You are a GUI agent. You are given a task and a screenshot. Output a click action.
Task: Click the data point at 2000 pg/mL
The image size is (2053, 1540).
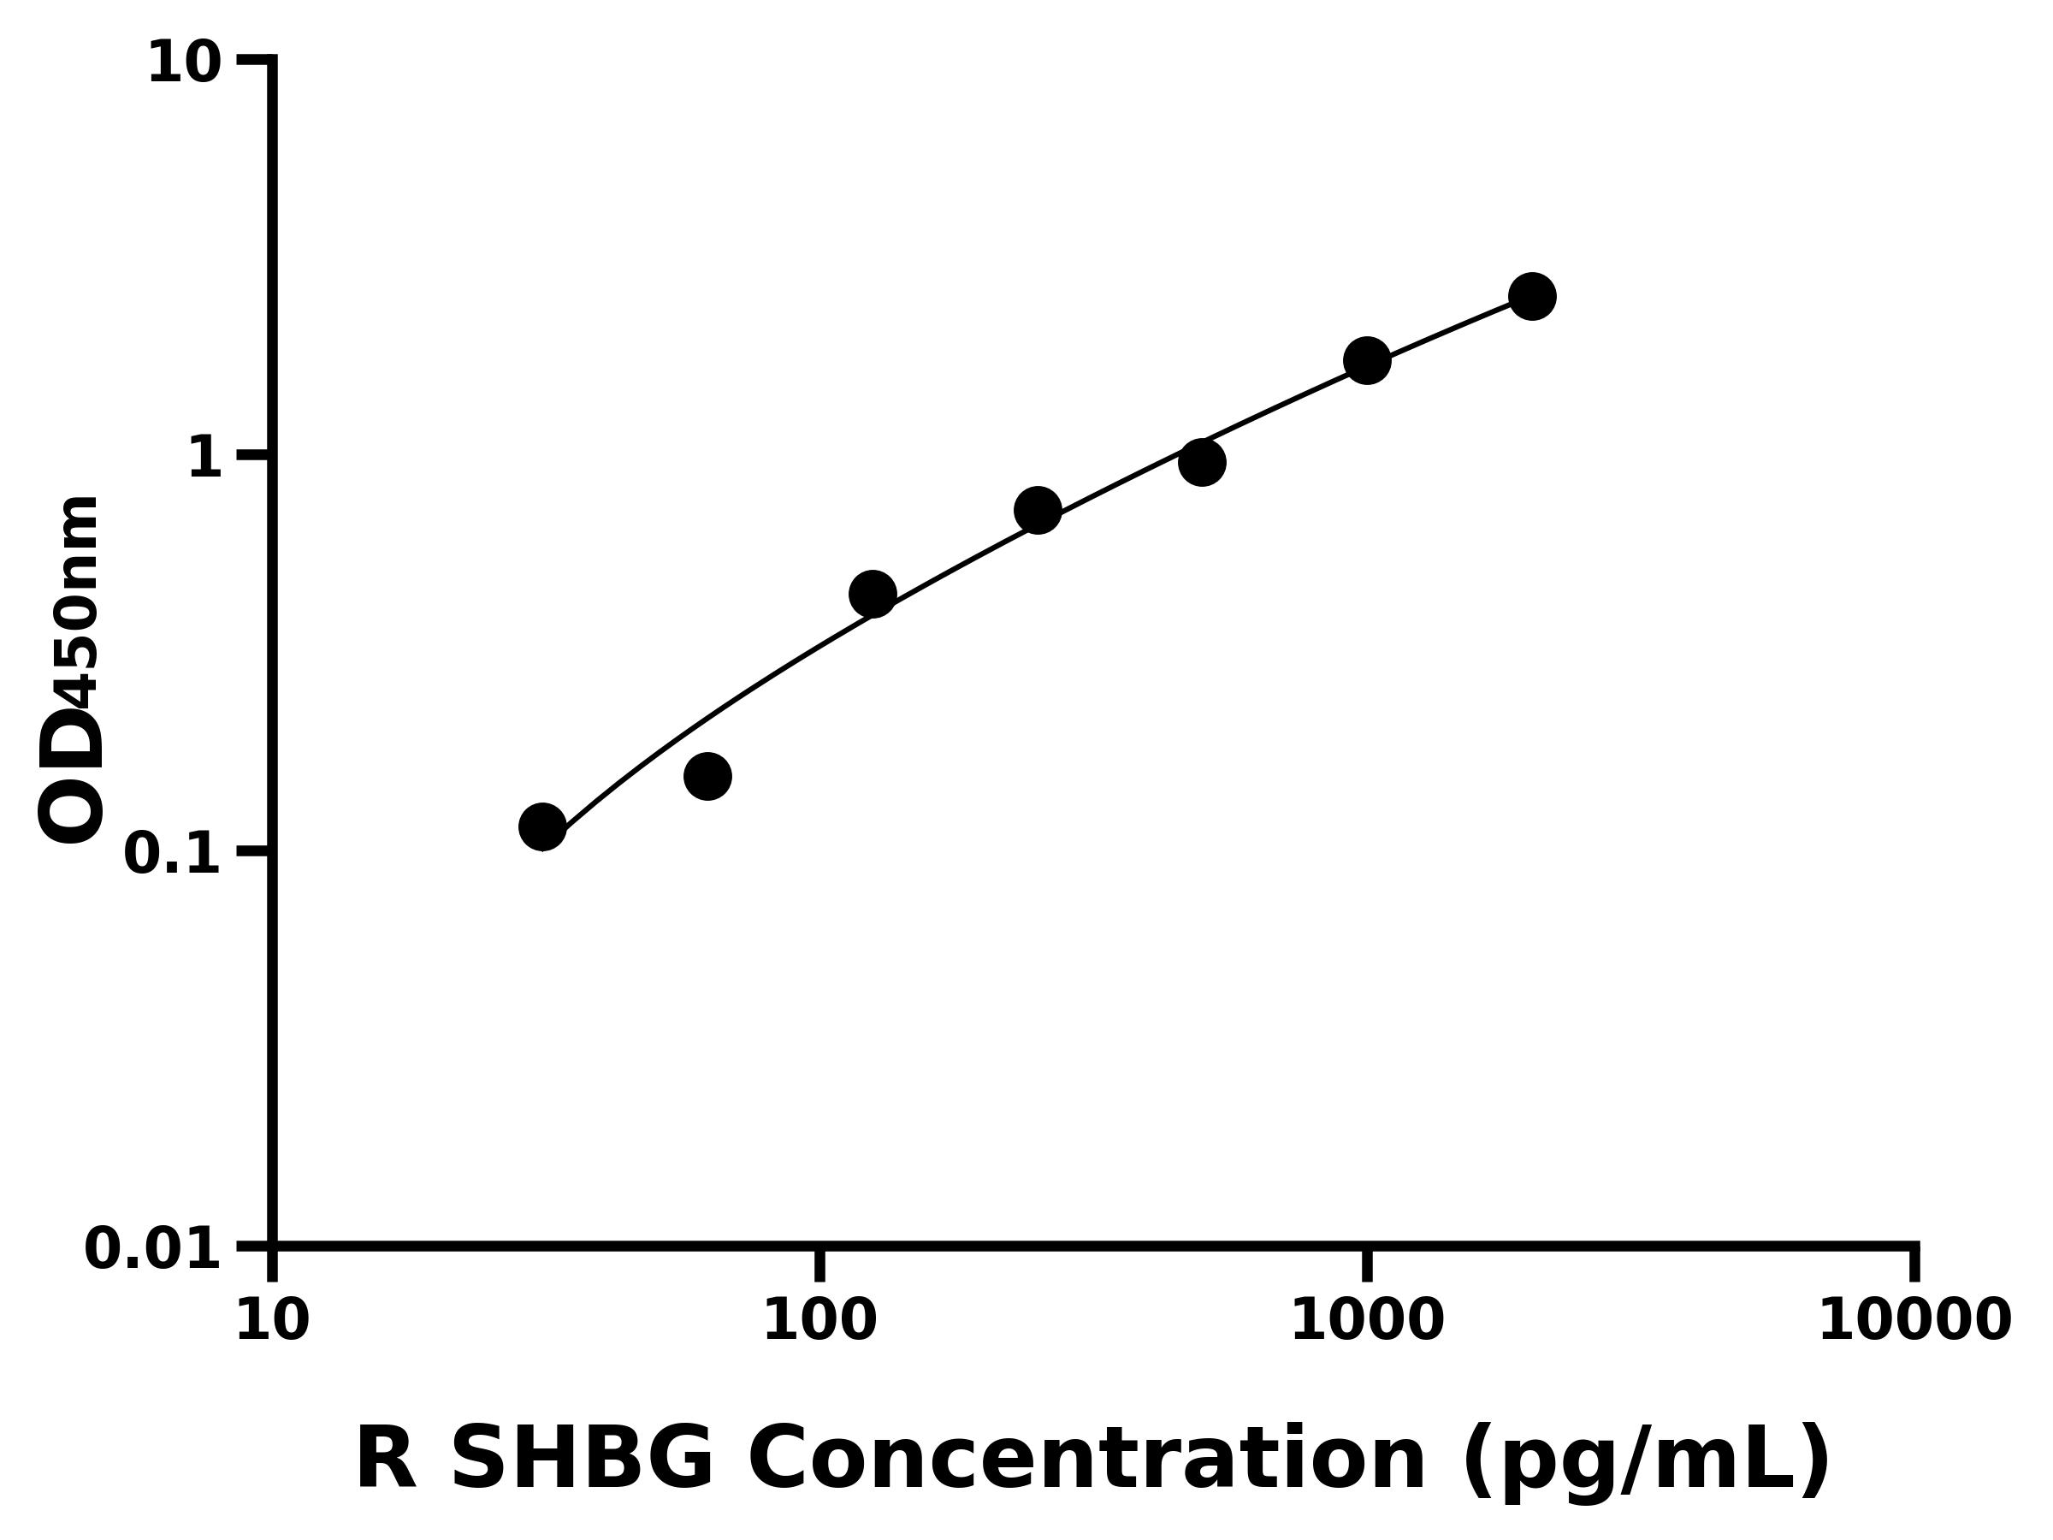[1532, 296]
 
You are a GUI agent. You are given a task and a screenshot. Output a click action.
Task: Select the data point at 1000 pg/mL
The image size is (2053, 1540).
[1367, 360]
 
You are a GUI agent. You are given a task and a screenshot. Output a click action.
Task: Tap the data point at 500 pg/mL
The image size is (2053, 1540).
[1202, 462]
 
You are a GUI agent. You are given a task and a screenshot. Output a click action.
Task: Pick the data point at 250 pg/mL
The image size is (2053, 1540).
[1038, 511]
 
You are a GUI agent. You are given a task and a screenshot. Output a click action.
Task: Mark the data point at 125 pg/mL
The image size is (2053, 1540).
[873, 594]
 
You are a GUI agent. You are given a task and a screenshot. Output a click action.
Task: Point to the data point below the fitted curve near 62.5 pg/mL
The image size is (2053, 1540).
[708, 776]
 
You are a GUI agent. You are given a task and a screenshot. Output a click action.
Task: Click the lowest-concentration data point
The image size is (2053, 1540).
[543, 826]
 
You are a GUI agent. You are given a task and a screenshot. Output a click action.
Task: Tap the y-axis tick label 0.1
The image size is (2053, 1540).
[173, 853]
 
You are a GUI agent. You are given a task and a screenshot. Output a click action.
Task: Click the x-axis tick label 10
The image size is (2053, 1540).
[272, 1320]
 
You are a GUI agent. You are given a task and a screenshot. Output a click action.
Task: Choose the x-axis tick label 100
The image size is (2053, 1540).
[819, 1320]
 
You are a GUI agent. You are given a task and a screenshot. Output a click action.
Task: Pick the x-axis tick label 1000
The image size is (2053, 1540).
[1367, 1320]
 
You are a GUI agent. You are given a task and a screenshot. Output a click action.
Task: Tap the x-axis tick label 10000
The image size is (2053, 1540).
[1914, 1320]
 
